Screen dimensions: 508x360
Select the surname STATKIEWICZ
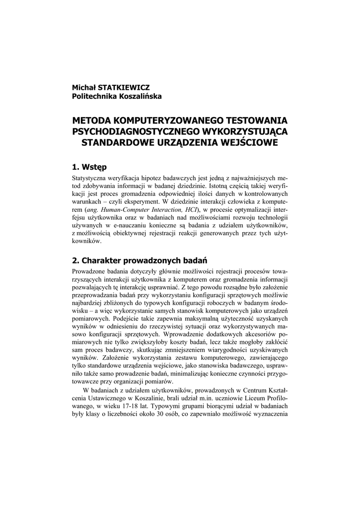click(127, 87)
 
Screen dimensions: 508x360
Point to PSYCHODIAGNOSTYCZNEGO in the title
click(135, 132)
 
